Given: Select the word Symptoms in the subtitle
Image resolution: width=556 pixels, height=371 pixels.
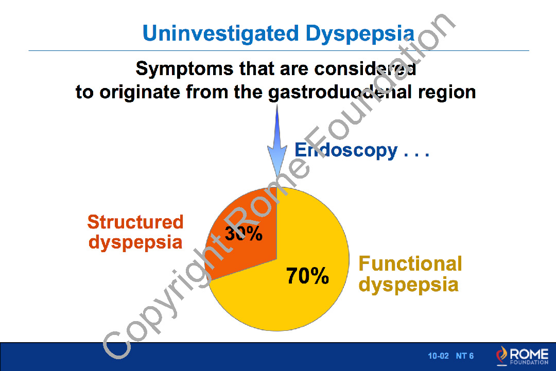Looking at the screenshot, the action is (x=184, y=69).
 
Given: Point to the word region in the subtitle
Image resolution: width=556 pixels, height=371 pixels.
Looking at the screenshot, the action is (x=447, y=93).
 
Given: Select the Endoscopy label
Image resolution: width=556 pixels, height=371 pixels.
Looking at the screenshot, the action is (x=346, y=151).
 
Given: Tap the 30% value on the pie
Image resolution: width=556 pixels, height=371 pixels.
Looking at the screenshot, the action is (x=244, y=233).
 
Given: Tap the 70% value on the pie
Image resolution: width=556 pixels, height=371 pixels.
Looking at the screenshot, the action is (x=307, y=276).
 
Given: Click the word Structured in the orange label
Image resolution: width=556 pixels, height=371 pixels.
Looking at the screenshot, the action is (x=135, y=222).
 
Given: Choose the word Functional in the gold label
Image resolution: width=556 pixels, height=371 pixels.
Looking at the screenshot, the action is (x=410, y=264).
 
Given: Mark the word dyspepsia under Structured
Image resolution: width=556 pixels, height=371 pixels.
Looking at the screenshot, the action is (x=135, y=243).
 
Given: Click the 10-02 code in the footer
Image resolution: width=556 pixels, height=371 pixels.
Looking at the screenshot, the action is (x=438, y=356).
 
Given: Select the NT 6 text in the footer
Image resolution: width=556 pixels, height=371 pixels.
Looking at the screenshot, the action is (x=464, y=356).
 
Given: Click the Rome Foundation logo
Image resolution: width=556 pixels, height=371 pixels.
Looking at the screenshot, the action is (x=522, y=356).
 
